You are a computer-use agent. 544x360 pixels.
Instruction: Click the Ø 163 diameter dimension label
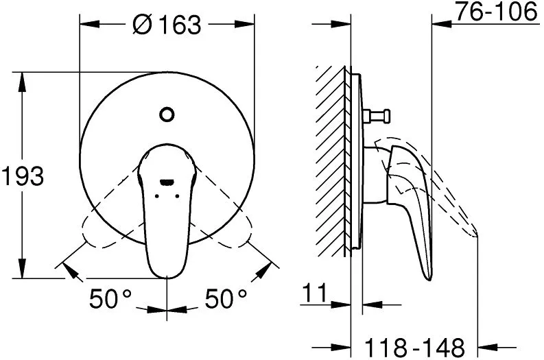click(x=167, y=24)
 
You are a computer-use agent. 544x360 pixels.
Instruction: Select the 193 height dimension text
click(x=23, y=176)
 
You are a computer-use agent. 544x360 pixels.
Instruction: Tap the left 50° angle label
click(x=110, y=298)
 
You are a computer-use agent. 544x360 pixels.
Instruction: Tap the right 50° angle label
click(x=226, y=298)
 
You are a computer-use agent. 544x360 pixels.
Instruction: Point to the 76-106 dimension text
click(x=496, y=12)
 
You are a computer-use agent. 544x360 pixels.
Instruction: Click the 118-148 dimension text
click(x=414, y=347)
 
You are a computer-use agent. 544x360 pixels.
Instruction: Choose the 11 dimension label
click(x=315, y=292)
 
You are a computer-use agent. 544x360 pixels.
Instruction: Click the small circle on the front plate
click(x=167, y=114)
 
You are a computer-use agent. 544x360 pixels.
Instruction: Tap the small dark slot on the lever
click(x=167, y=182)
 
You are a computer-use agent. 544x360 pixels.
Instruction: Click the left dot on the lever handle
click(x=157, y=196)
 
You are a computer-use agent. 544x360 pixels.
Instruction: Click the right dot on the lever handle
click(x=177, y=196)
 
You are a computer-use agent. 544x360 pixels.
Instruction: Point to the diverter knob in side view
click(x=377, y=115)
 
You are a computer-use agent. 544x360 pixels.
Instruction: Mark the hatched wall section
click(x=331, y=161)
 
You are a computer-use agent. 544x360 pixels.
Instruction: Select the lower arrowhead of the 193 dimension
click(x=23, y=268)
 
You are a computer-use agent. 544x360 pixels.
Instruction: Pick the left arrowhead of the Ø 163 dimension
click(x=89, y=24)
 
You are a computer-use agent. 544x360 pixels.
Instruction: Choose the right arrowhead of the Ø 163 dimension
click(x=245, y=24)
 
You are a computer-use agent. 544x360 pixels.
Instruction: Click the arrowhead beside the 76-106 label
click(x=442, y=24)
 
